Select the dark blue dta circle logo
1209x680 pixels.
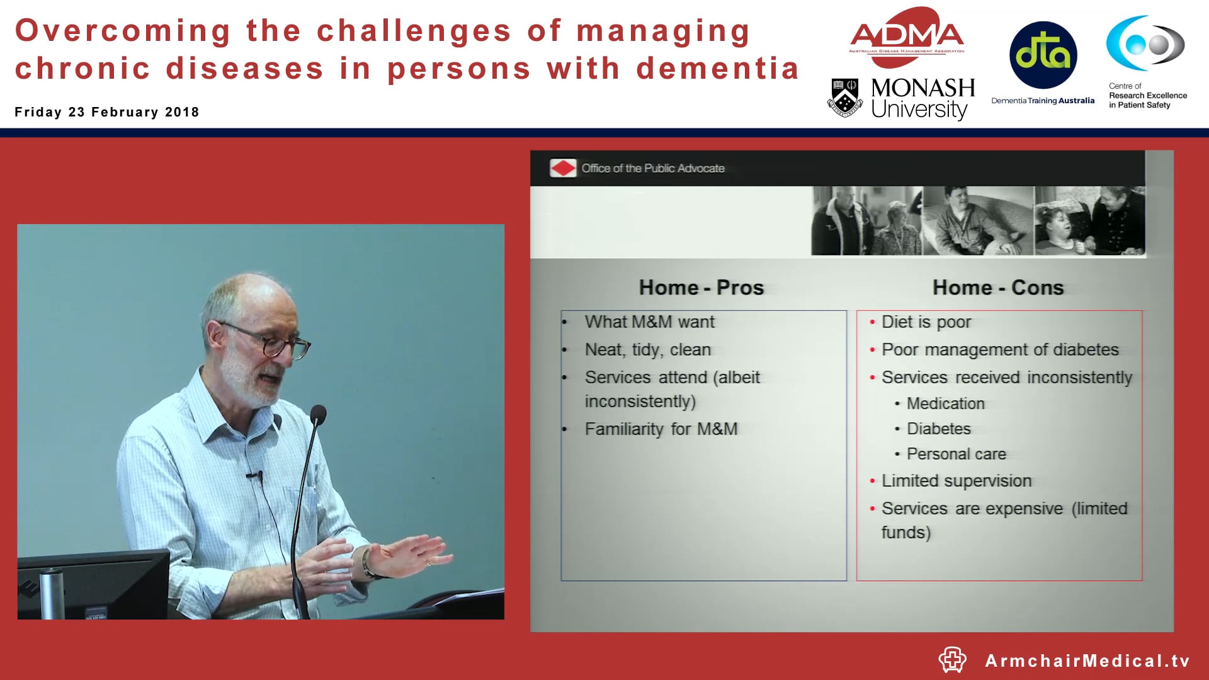[x=1043, y=55]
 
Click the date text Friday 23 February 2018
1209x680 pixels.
[x=107, y=112]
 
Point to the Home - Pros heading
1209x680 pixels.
[x=701, y=288]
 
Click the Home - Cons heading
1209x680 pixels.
[x=998, y=288]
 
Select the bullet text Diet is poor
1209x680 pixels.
[x=926, y=322]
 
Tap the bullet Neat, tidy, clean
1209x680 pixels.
[x=647, y=349]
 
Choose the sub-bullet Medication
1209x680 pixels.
[x=945, y=404]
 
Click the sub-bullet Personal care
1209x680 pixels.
[x=956, y=454]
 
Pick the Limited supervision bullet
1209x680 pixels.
[x=956, y=481]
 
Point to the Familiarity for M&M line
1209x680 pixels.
[x=661, y=429]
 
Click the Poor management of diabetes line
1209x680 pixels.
[x=1000, y=349]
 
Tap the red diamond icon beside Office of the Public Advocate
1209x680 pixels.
[x=562, y=168]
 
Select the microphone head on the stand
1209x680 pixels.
[x=319, y=414]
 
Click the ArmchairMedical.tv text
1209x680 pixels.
[x=1087, y=660]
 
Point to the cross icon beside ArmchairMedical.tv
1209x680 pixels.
[x=952, y=660]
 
